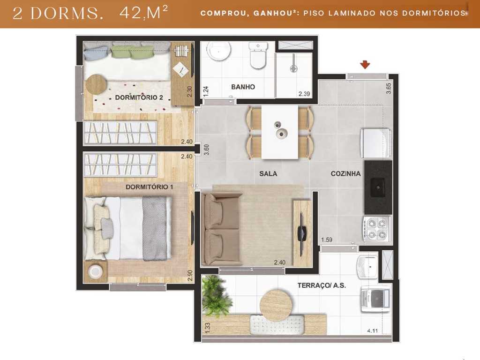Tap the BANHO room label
[243, 87]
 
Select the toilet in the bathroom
[257, 56]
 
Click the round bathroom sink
[219, 52]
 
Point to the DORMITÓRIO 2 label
[139, 97]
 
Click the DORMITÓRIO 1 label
[150, 187]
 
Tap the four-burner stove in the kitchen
[376, 228]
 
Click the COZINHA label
[345, 173]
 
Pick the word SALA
[268, 173]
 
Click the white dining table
[280, 132]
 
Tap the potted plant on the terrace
[216, 295]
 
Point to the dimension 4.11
[373, 330]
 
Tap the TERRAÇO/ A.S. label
[322, 285]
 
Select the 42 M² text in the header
[144, 13]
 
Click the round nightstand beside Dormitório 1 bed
[96, 271]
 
